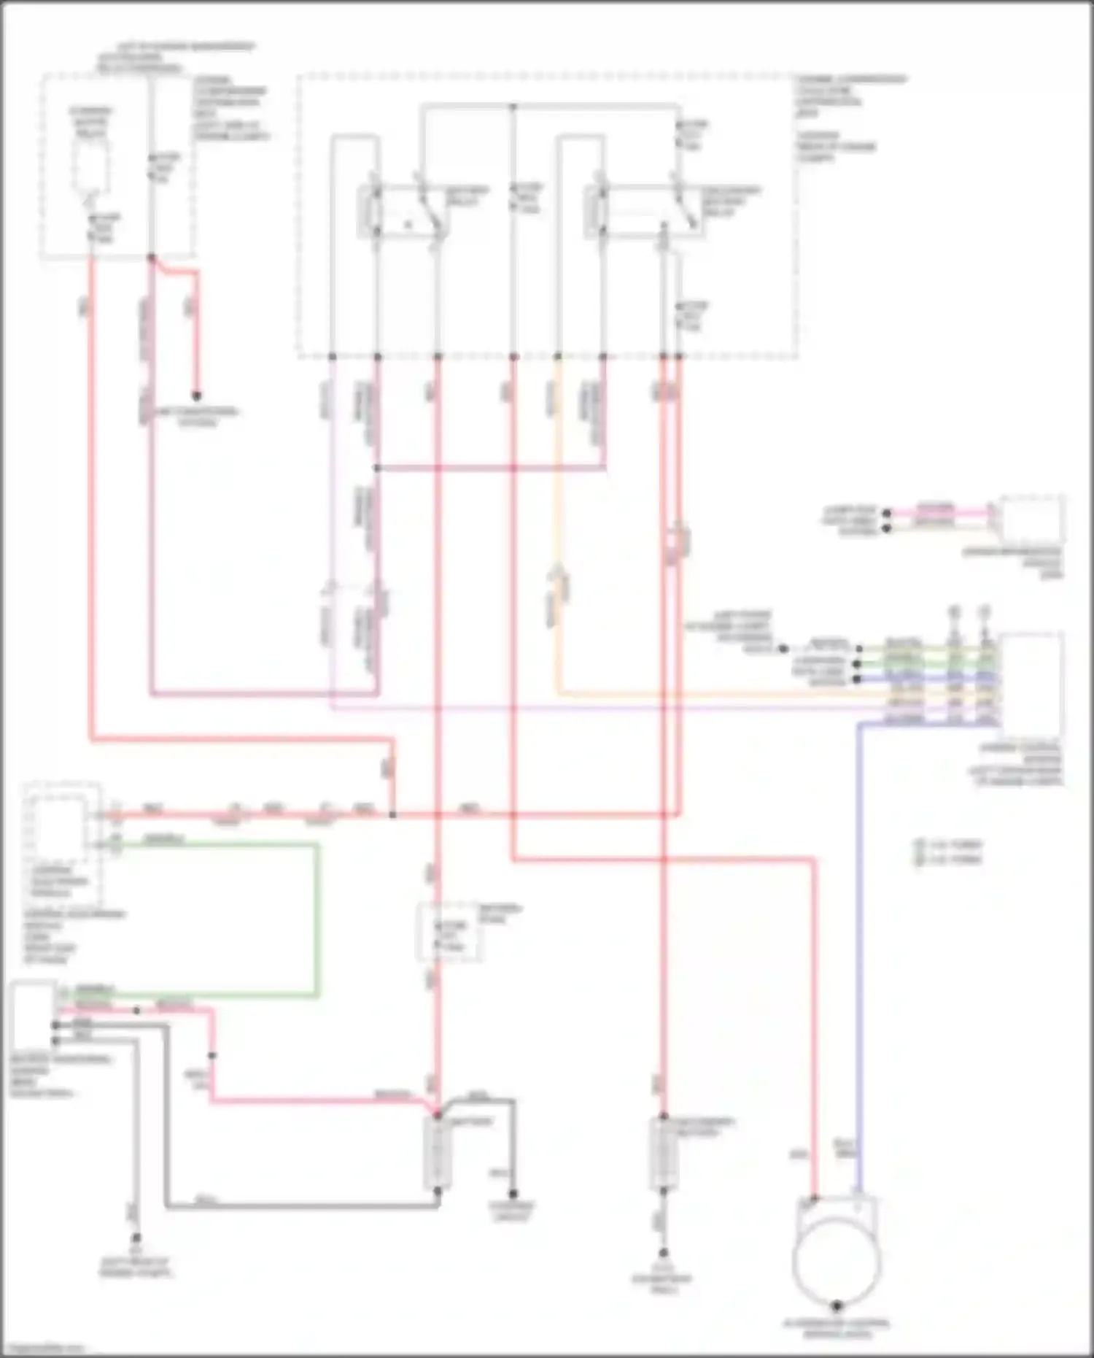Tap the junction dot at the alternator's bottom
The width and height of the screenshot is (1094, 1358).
837,1305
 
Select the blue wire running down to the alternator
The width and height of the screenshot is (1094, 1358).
860,949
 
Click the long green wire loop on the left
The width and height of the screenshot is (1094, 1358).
317,919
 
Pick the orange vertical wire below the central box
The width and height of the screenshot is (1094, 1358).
559,511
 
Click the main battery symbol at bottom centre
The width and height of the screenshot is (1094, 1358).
437,1154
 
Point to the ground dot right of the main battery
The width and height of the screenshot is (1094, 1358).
513,1195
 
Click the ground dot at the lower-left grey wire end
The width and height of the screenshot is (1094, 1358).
136,1238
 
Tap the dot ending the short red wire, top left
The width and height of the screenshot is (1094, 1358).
196,396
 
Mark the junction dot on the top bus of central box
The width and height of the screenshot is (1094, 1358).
513,107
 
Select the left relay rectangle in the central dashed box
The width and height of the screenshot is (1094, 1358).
401,212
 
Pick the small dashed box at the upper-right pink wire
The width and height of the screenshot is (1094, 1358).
1031,519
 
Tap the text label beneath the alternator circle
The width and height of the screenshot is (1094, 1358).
837,1329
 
